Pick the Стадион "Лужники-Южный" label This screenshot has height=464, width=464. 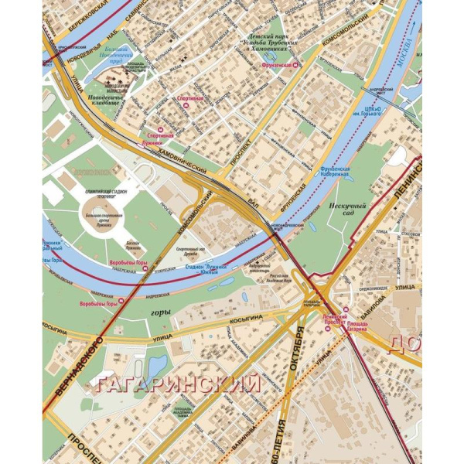click(200, 268)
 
